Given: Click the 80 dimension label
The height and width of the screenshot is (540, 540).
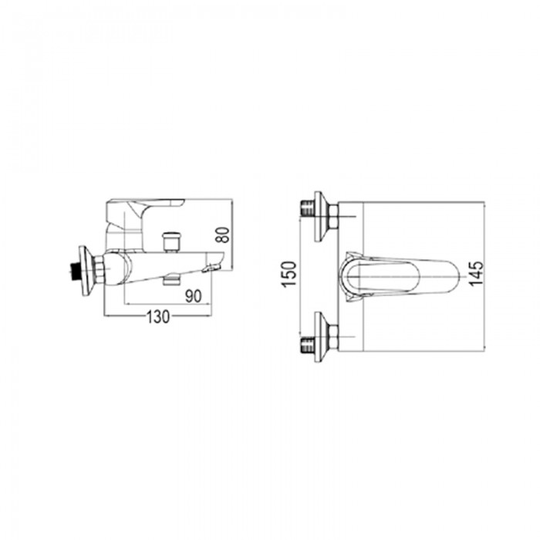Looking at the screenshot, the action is [224, 235].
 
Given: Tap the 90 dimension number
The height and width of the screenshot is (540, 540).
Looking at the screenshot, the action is [193, 295].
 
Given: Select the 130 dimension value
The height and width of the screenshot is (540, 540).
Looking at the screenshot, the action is [158, 316].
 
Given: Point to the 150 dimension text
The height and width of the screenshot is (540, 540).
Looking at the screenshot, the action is [289, 274].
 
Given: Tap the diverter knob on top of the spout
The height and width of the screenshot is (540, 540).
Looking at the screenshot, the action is [171, 241].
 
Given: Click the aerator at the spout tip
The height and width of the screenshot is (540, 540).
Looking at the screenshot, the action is [212, 267].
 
